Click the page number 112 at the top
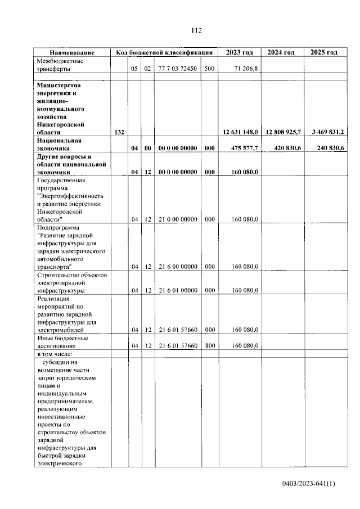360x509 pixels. point(196,30)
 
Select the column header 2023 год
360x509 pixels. point(240,52)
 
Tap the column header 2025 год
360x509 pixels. point(324,52)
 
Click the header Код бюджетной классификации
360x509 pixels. point(164,52)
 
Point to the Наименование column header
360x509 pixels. point(71,52)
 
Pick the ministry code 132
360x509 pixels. point(119,132)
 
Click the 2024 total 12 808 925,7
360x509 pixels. point(282,132)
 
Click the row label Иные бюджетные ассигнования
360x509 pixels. point(61,342)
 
